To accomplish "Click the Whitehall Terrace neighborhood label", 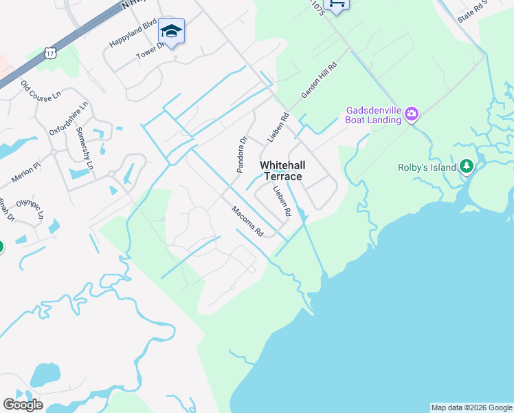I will point(283,171).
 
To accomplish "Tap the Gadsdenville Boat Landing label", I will point(373,115).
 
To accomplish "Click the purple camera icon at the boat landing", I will point(412,114).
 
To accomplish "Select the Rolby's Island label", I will point(427,167).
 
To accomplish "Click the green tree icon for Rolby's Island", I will point(467,167).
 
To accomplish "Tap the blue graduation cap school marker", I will point(171,31).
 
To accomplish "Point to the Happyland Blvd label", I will point(133,35).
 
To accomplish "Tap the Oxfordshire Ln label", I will point(69,119).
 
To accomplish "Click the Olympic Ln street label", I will point(30,209).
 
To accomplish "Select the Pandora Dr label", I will point(241,155).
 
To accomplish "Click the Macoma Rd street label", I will point(247,222).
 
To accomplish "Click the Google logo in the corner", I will point(23,405).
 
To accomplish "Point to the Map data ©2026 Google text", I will point(471,407).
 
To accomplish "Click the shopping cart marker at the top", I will point(336,5).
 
